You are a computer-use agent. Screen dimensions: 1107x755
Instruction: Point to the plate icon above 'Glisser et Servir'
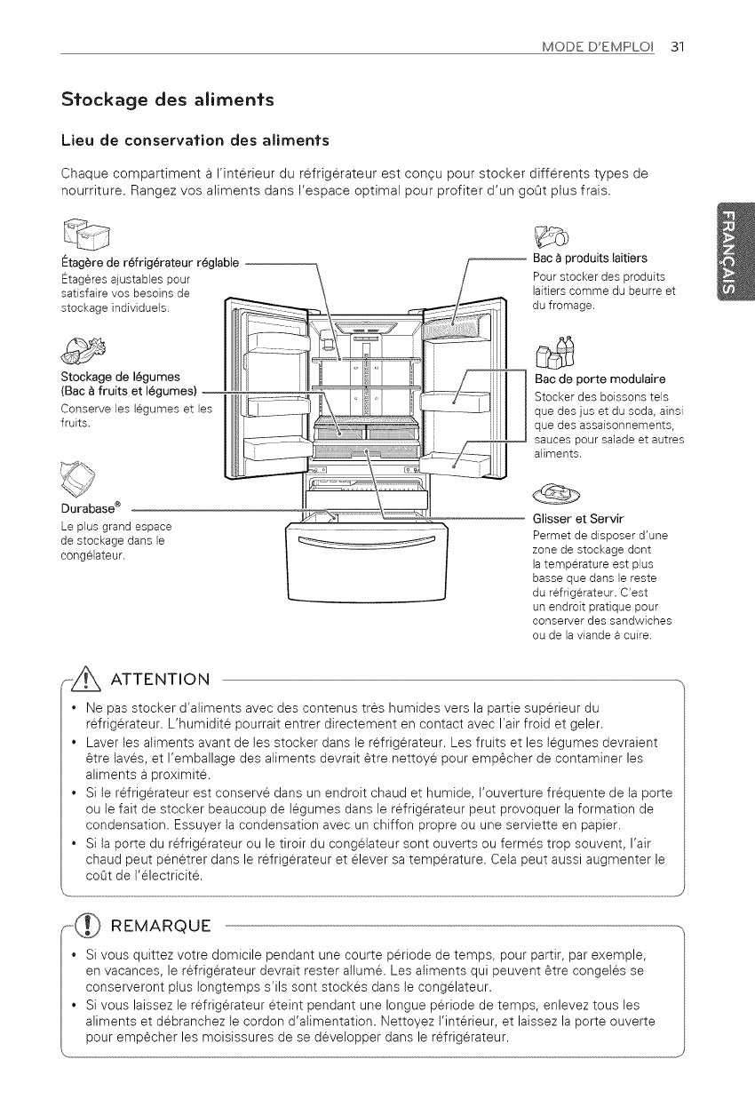[x=559, y=492]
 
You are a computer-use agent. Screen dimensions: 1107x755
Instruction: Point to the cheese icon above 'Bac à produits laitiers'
[x=550, y=235]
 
